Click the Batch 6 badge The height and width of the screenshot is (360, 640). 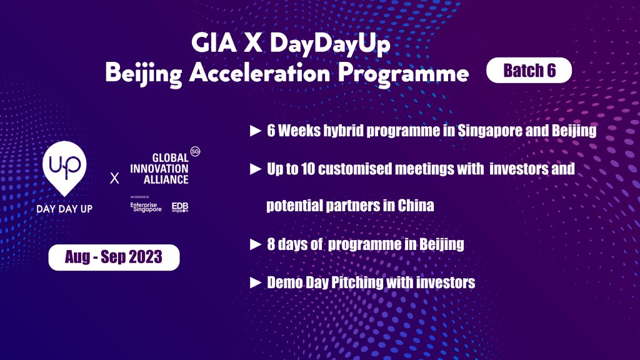[x=529, y=71]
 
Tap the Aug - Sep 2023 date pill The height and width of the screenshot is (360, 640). [x=114, y=257]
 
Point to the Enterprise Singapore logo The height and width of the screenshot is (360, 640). [x=146, y=207]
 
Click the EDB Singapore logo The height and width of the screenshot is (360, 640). [x=180, y=207]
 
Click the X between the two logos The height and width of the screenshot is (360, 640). [x=114, y=179]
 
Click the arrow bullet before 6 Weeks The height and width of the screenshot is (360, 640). [x=255, y=132]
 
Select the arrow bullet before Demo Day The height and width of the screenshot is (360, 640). [x=255, y=282]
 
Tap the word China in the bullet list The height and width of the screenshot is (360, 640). [x=415, y=206]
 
